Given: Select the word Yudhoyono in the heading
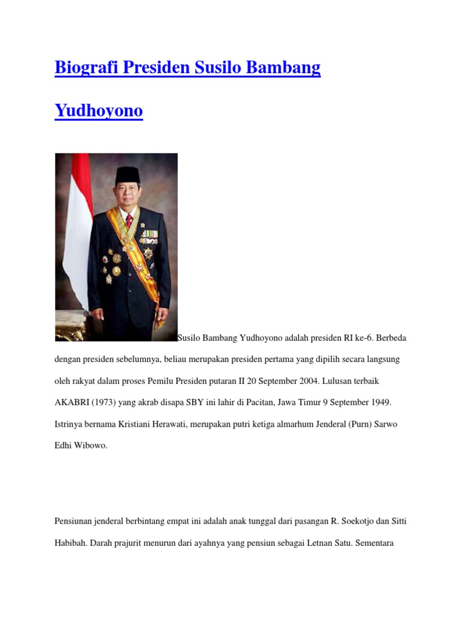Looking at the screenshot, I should [x=98, y=111].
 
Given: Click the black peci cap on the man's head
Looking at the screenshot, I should [x=128, y=175].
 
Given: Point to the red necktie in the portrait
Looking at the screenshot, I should [x=129, y=221].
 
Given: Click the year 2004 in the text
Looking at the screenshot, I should [x=310, y=381].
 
